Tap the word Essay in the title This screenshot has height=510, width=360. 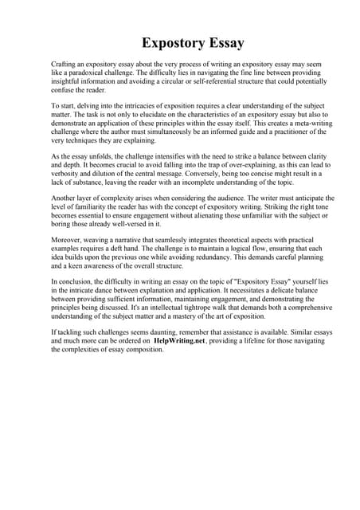tap(224, 42)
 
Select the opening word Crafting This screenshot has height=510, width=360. tap(65, 63)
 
